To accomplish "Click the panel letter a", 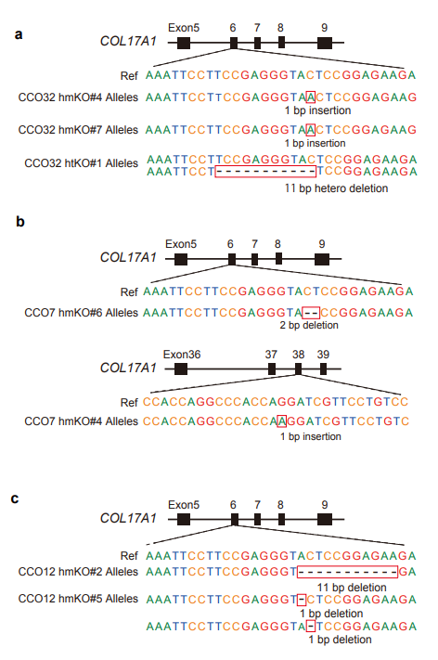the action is [18, 34].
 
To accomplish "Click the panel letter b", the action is [19, 221].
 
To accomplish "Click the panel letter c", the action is [15, 498].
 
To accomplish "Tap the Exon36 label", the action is [182, 355].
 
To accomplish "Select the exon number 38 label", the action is [298, 355].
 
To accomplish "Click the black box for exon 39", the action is [323, 369].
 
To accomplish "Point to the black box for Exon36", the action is [181, 369].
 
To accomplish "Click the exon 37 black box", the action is [272, 369].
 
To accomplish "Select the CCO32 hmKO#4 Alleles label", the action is [78, 97].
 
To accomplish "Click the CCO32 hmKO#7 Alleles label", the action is [78, 130].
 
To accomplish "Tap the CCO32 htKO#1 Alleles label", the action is [82, 162].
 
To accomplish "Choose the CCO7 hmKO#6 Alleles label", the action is [82, 313].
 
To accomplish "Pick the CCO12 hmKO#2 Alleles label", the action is [78, 572].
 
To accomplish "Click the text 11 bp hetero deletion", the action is [336, 188].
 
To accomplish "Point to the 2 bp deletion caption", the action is [309, 325].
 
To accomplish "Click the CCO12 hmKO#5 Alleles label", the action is [78, 599].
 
